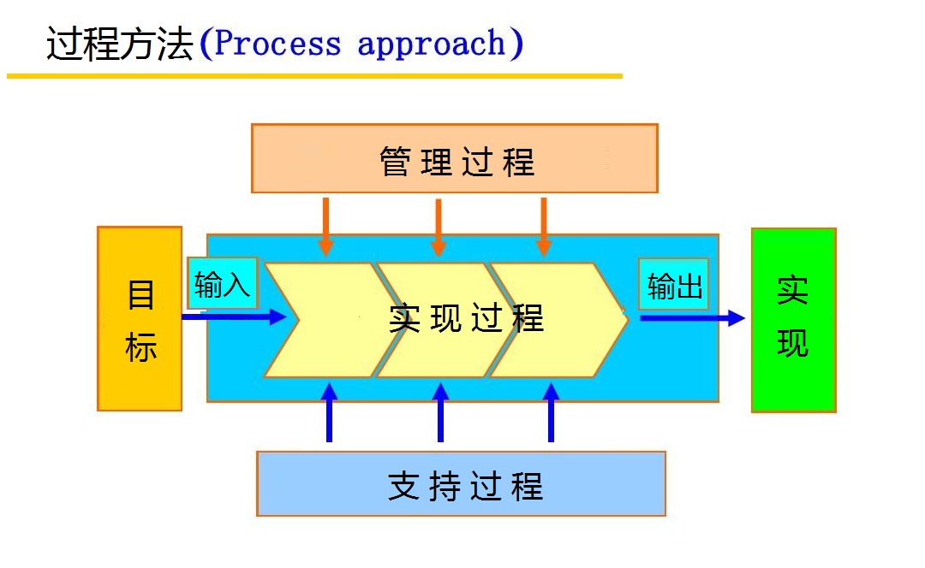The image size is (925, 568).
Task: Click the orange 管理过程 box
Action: (x=454, y=158)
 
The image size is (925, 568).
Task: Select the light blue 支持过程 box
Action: (x=461, y=483)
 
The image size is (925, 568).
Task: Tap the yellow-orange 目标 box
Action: (x=140, y=318)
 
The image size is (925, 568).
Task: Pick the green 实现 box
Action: (x=793, y=319)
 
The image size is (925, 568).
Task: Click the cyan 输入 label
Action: (x=222, y=283)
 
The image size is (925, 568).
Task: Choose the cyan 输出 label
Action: (x=674, y=284)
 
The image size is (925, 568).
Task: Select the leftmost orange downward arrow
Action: (x=325, y=227)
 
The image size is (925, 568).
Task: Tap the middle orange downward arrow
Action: (x=439, y=228)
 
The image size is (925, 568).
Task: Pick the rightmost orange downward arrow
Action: (x=544, y=227)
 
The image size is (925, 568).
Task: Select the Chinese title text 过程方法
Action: (x=120, y=44)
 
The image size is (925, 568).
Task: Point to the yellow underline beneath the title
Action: (x=314, y=76)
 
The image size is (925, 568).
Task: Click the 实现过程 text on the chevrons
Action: (x=466, y=318)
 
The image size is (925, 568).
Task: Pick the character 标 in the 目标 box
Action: (x=140, y=347)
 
